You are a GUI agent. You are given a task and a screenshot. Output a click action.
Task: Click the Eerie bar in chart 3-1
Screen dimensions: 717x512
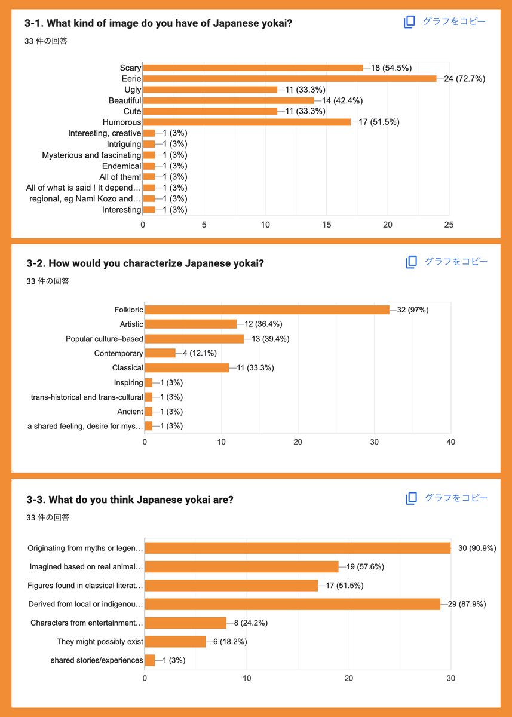(x=290, y=78)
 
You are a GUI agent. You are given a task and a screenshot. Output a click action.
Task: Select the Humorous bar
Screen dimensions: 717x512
(x=247, y=122)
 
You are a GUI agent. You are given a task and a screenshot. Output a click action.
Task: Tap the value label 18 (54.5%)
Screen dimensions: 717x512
(x=391, y=68)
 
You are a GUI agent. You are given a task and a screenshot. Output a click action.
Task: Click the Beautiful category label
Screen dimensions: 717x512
(x=125, y=100)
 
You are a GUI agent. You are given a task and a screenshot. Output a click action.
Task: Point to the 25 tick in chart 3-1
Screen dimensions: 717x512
(x=449, y=225)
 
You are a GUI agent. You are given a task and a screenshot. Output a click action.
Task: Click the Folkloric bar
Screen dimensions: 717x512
(x=267, y=310)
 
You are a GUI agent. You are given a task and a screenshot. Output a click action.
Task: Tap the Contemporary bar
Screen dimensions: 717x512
(x=160, y=353)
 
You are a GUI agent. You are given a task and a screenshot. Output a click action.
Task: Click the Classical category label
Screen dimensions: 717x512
(x=127, y=368)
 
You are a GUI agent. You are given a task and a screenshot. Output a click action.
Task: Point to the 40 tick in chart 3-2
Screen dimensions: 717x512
(x=450, y=442)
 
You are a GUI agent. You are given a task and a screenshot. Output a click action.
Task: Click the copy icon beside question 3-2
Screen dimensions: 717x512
(x=411, y=262)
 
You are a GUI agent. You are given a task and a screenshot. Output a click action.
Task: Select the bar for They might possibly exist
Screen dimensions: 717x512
(x=176, y=642)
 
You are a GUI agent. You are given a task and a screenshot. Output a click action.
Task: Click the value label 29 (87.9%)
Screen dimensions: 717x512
(x=467, y=604)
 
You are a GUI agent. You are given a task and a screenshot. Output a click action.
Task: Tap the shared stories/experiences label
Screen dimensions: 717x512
(x=97, y=660)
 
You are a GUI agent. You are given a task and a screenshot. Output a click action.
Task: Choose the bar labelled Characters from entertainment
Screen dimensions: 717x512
(x=186, y=623)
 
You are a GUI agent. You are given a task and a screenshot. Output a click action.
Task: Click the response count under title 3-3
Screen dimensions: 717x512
(x=48, y=517)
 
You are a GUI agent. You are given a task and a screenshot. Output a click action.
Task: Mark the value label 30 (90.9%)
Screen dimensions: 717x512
(x=477, y=548)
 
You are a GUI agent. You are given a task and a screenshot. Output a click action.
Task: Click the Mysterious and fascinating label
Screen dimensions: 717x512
(x=91, y=155)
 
